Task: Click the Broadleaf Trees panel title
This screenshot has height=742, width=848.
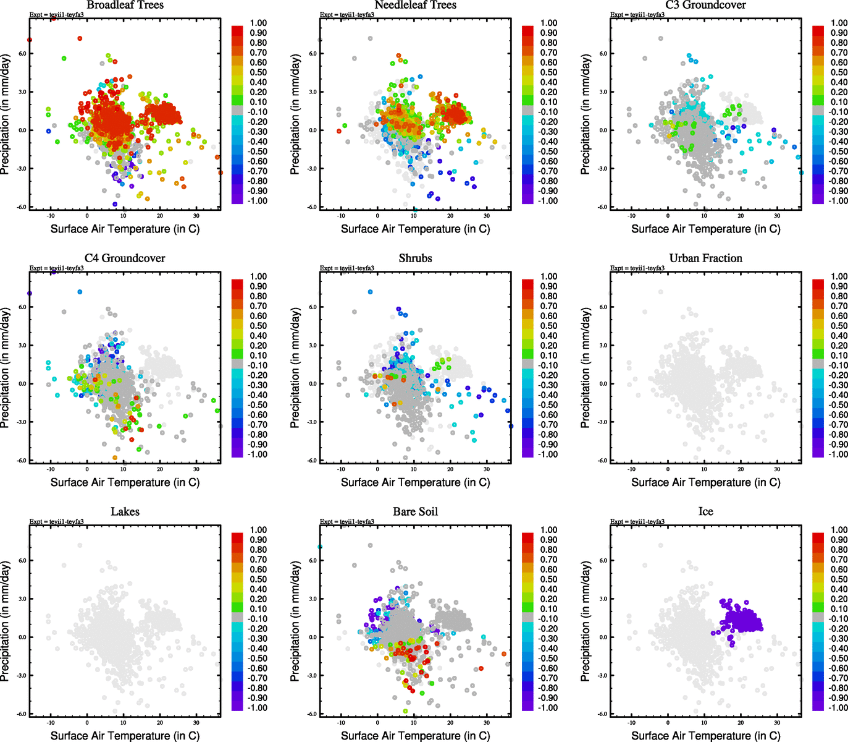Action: (125, 5)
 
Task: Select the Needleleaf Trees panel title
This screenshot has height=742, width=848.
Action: (415, 5)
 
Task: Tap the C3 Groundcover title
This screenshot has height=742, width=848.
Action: (705, 5)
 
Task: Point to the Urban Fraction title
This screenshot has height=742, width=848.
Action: (705, 258)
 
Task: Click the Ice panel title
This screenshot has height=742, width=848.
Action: (705, 511)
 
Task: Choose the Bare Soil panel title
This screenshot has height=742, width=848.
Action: (415, 511)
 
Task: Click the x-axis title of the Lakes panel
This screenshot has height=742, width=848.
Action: (125, 735)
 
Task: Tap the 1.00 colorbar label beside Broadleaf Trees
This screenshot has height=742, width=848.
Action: (258, 23)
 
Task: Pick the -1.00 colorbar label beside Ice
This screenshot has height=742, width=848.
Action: (838, 707)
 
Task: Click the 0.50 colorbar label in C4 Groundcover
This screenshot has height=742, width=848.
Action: (258, 326)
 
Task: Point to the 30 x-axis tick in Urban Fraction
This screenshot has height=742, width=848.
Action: (777, 469)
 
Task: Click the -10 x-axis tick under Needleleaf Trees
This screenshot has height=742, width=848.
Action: (341, 216)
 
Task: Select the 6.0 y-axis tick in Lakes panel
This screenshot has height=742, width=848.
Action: (22, 560)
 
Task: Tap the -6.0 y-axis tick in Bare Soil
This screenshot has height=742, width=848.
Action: (312, 714)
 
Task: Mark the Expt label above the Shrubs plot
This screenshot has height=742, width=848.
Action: (346, 268)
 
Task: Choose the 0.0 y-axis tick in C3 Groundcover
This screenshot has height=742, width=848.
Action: (603, 130)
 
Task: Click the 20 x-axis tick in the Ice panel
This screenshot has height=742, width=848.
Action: (741, 723)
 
